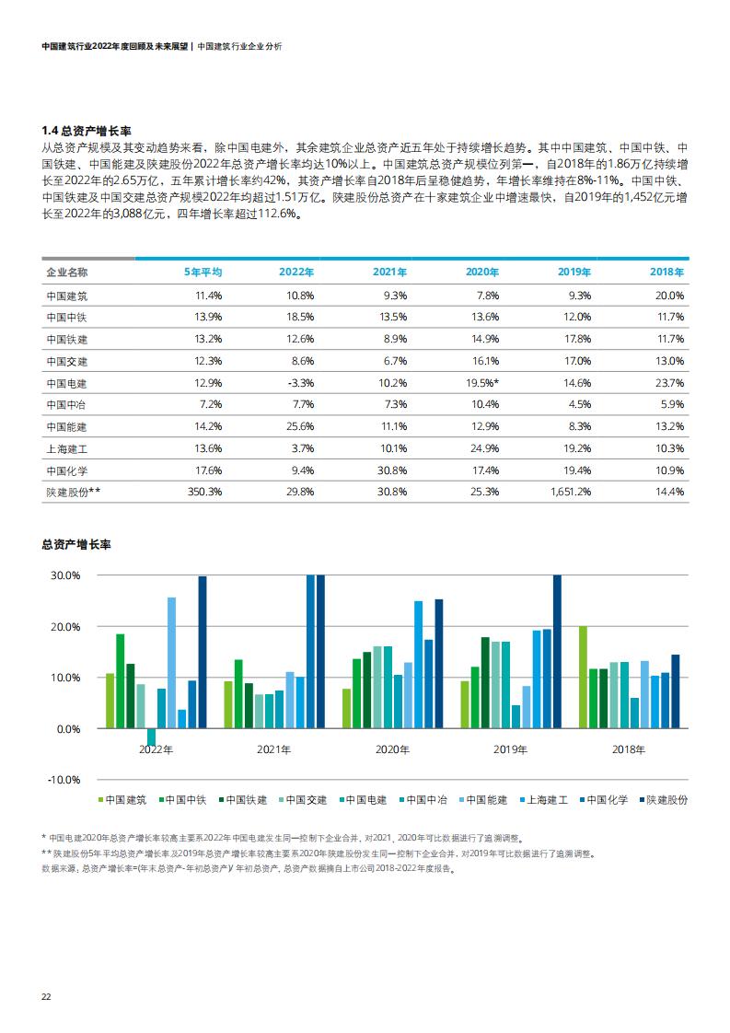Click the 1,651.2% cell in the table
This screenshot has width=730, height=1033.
pyautogui.click(x=571, y=493)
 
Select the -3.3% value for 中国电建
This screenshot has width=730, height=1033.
pyautogui.click(x=300, y=383)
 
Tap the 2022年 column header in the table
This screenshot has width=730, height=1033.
pyautogui.click(x=296, y=273)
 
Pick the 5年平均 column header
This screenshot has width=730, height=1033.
pyautogui.click(x=203, y=273)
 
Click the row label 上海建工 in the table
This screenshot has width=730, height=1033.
pyautogui.click(x=66, y=448)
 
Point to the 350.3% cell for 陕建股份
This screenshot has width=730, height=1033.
pyautogui.click(x=205, y=493)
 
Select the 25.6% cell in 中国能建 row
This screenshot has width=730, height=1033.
pyautogui.click(x=300, y=427)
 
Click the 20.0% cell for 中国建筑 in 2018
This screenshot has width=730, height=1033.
pyautogui.click(x=669, y=296)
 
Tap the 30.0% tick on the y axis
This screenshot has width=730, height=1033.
pyautogui.click(x=65, y=575)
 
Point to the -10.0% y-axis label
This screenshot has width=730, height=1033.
pyautogui.click(x=64, y=780)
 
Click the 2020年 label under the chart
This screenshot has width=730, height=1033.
pyautogui.click(x=392, y=749)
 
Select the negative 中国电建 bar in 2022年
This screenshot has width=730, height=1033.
pyautogui.click(x=152, y=737)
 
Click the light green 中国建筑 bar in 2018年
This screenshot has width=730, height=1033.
pyautogui.click(x=583, y=678)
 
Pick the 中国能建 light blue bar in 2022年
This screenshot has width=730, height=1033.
pyautogui.click(x=172, y=663)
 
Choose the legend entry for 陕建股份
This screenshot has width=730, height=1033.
pyautogui.click(x=663, y=800)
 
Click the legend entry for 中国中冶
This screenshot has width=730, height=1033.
pyautogui.click(x=423, y=800)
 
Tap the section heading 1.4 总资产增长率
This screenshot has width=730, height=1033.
pyautogui.click(x=87, y=131)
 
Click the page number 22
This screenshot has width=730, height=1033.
pyautogui.click(x=46, y=997)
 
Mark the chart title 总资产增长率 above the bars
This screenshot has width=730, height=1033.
pyautogui.click(x=76, y=545)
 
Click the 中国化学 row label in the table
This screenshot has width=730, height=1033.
pyautogui.click(x=66, y=471)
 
